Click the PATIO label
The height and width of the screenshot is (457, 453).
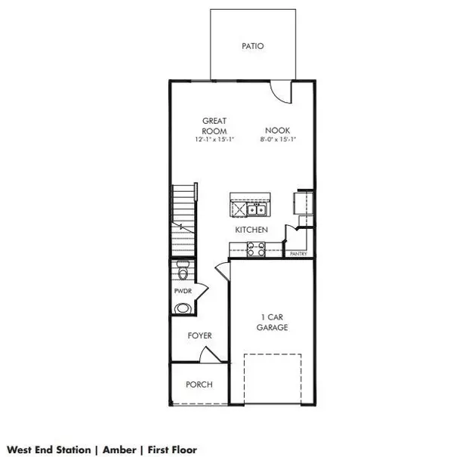[x=253, y=46]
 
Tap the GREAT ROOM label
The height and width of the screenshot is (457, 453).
[x=214, y=126]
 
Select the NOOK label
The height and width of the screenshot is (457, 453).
[x=277, y=130]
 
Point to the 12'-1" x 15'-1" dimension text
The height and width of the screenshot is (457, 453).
[x=214, y=139]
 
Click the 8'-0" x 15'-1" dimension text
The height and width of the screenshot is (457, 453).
[x=278, y=139]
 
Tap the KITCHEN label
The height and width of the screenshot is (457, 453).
[x=251, y=230]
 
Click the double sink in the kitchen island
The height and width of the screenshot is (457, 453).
[x=257, y=209]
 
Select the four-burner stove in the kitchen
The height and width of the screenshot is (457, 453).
[x=256, y=249]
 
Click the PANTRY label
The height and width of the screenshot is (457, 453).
[x=298, y=254]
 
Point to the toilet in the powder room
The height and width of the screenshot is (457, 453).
[x=183, y=270]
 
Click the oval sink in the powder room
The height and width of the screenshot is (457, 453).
[x=183, y=308]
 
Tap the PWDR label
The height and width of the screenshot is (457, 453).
[x=183, y=291]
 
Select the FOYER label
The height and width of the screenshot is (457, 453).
[x=199, y=335]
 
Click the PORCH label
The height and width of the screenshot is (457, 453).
[x=199, y=384]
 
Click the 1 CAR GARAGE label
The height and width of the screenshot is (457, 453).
[x=272, y=323]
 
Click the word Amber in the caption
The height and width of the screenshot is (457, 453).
[x=119, y=449]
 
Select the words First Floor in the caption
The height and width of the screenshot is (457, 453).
[x=172, y=449]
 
